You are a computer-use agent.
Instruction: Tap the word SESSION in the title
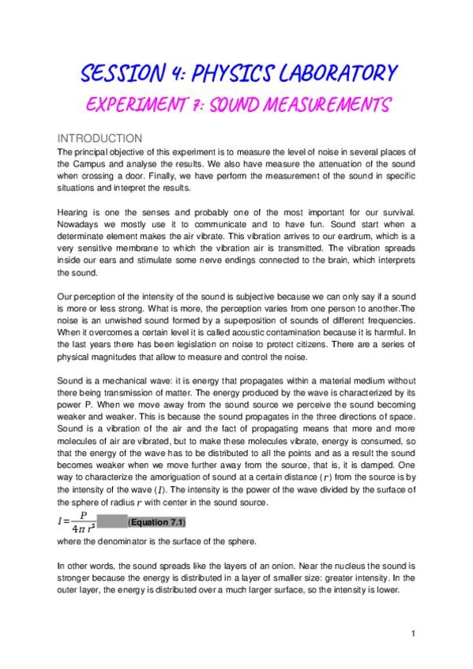click(x=115, y=74)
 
